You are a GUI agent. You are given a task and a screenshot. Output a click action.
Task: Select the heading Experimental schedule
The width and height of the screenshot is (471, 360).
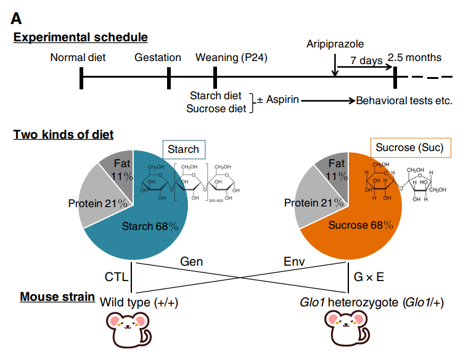coord(81,38)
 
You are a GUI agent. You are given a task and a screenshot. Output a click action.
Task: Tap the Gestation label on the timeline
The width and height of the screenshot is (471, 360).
coord(158,58)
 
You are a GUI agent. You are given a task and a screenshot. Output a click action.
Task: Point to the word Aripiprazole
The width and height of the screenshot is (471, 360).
coord(335,44)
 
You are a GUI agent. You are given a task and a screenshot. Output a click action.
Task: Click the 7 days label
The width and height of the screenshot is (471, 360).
coord(366,60)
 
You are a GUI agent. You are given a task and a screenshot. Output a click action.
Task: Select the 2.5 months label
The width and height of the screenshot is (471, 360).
coord(415,58)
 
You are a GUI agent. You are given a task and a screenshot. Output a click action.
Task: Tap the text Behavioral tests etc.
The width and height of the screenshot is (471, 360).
coord(404,100)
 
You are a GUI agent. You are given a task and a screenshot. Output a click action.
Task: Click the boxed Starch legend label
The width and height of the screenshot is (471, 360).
coord(183,149)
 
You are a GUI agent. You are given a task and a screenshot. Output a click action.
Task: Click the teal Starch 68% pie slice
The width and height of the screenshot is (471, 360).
coord(148,228)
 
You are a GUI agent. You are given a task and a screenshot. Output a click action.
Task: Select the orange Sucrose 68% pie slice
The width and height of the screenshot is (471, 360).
coord(364,228)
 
